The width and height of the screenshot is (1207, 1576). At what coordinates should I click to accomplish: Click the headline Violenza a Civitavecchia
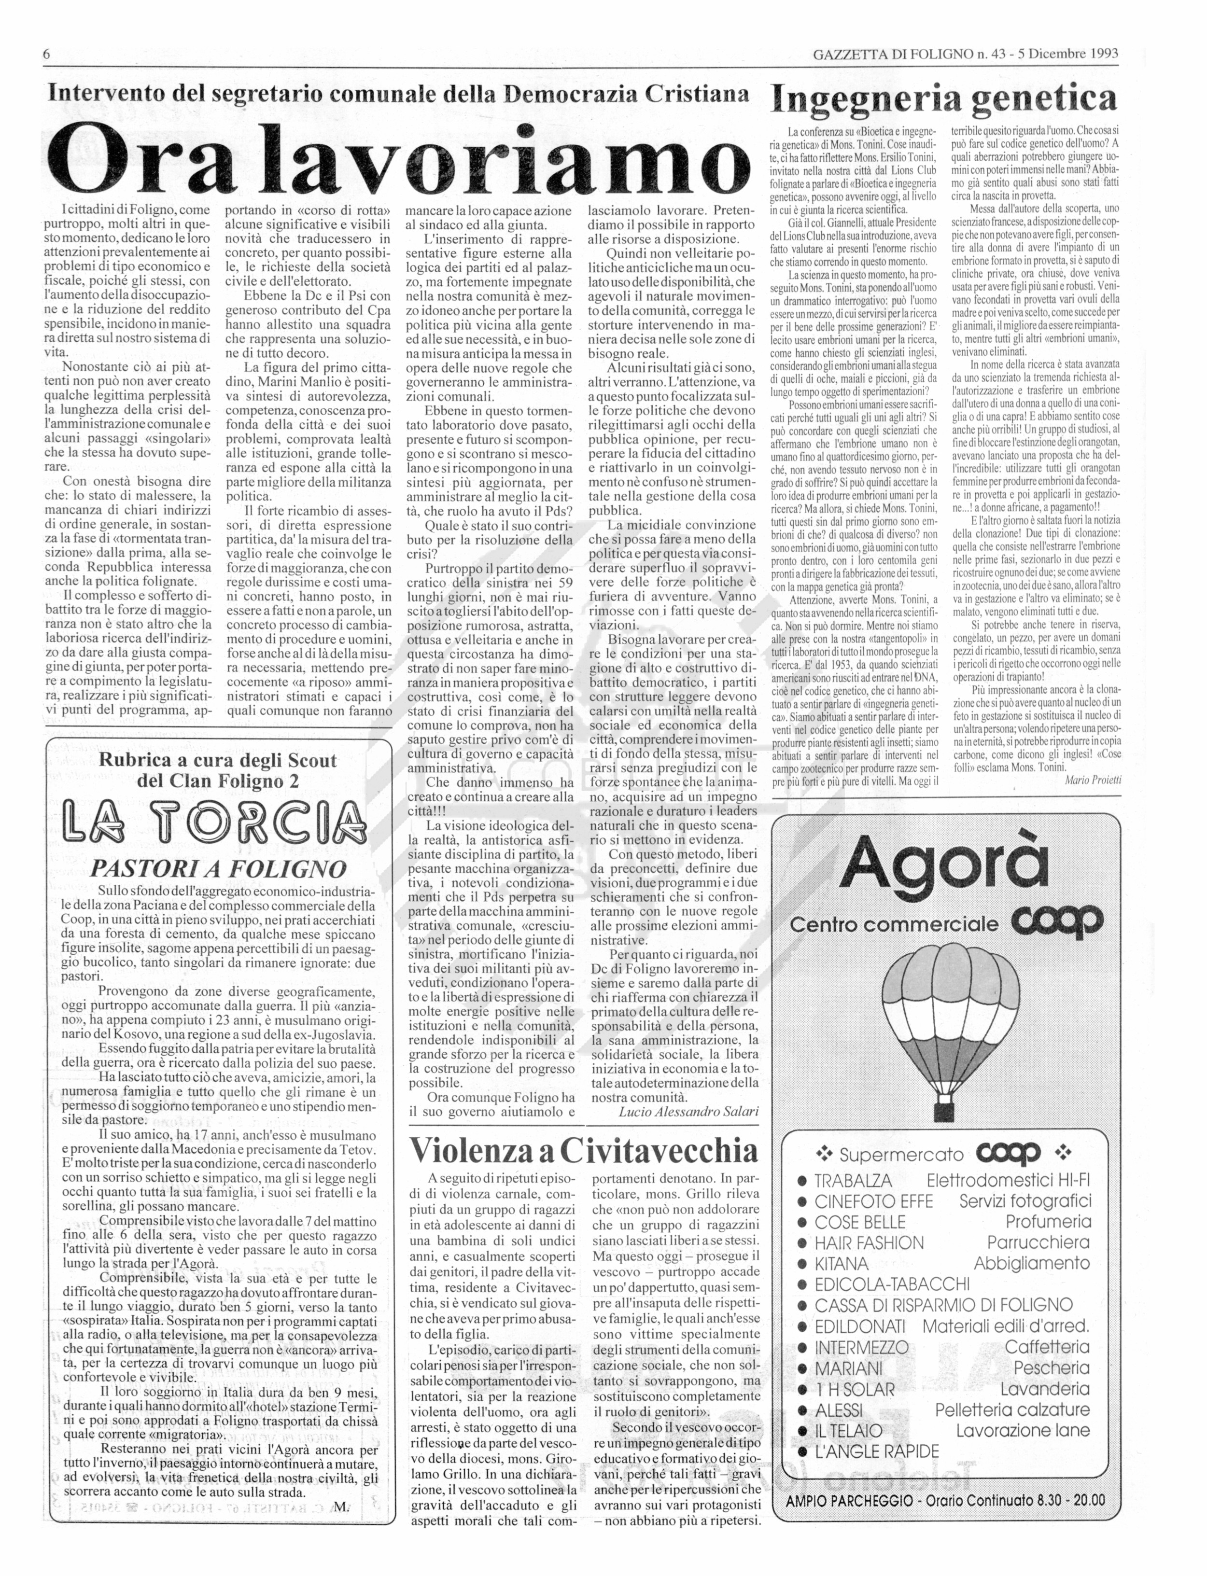coord(583,1150)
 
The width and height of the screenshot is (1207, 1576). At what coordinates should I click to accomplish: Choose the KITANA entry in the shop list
coord(842,1264)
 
